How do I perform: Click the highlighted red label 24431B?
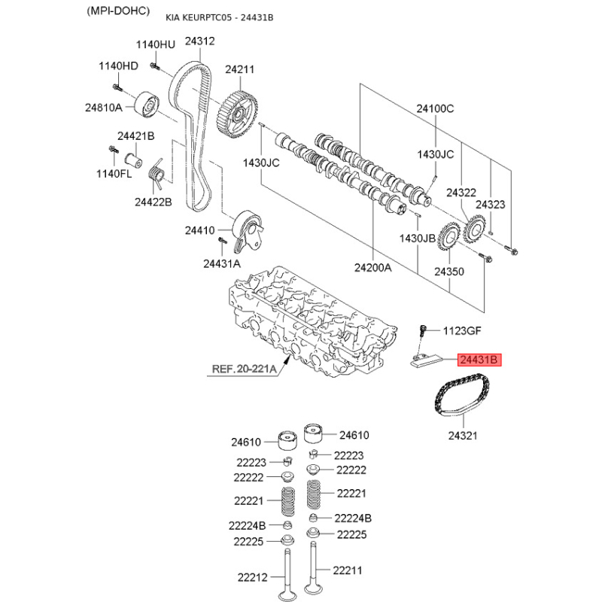(x=479, y=360)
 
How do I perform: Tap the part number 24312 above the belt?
(x=199, y=41)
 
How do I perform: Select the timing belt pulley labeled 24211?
(x=237, y=114)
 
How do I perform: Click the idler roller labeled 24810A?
(x=147, y=105)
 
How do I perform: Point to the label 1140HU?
(x=156, y=44)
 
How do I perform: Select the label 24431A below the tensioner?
(x=222, y=264)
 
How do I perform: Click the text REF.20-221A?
(x=244, y=369)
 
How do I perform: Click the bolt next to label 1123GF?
(x=423, y=331)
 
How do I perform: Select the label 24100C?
(x=435, y=108)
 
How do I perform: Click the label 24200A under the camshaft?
(x=372, y=268)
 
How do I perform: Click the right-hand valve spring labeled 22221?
(x=314, y=494)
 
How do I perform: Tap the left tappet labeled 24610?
(x=287, y=441)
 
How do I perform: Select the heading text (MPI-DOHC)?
(x=118, y=11)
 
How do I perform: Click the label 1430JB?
(x=418, y=239)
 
